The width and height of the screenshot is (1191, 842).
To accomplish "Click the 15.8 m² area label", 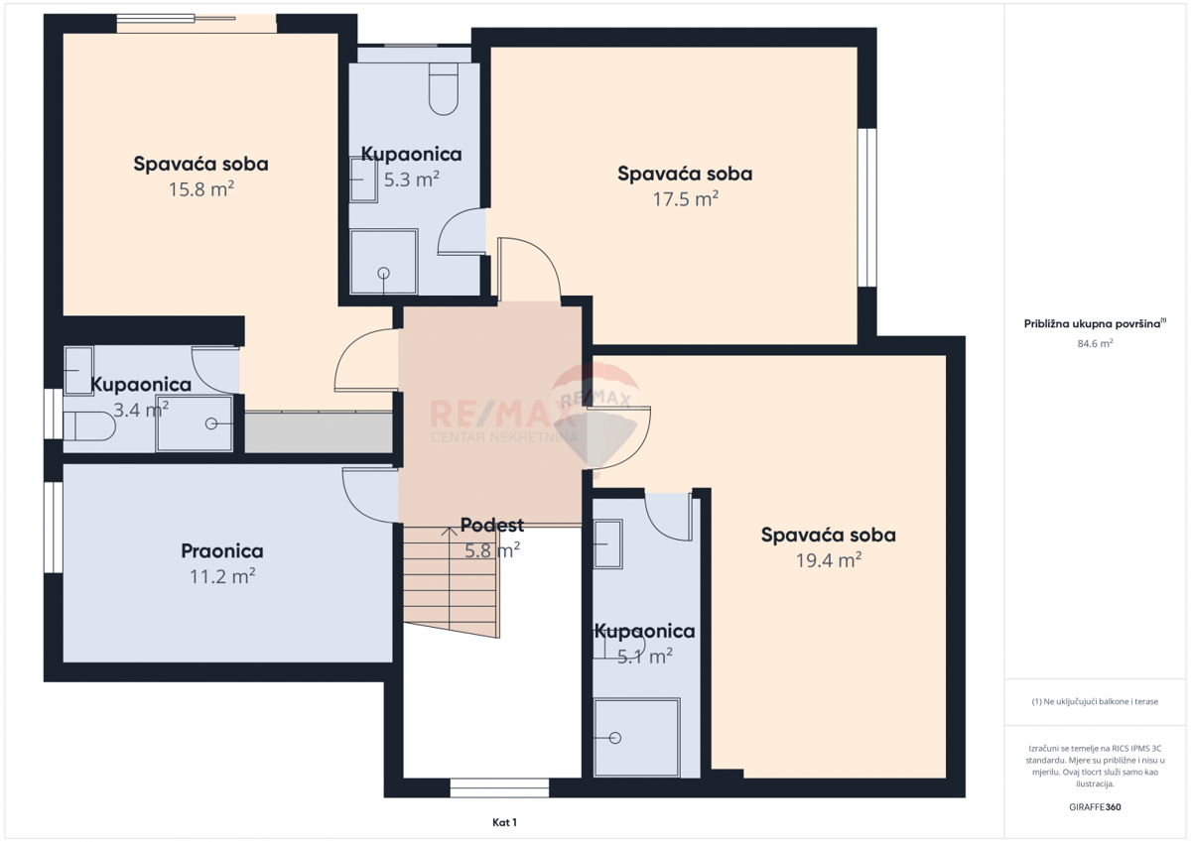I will (x=201, y=188).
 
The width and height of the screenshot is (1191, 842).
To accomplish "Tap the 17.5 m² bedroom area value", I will (x=685, y=198).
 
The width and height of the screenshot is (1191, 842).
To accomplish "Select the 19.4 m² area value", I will (x=828, y=560).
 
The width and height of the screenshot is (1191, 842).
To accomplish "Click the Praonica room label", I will (x=221, y=550).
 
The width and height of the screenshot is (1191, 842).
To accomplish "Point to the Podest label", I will (x=491, y=526).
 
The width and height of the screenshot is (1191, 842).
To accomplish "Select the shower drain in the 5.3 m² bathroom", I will (x=384, y=272).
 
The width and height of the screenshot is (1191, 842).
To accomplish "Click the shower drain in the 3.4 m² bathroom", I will (x=211, y=423).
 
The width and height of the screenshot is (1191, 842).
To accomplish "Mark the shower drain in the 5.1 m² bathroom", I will (x=615, y=738).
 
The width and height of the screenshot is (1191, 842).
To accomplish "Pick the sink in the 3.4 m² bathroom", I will (x=77, y=371).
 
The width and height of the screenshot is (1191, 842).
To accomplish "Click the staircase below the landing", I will (x=452, y=580).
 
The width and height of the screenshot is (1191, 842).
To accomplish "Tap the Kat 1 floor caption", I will (x=505, y=822).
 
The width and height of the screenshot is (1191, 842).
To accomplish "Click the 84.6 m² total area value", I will (x=1095, y=343).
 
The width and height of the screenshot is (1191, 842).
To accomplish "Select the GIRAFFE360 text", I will (x=1095, y=807).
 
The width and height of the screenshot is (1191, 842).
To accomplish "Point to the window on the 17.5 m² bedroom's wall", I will (x=867, y=207).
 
